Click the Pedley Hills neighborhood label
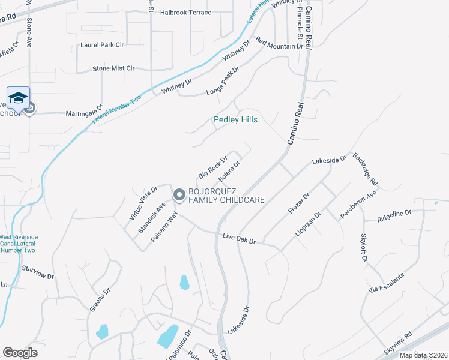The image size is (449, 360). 236,120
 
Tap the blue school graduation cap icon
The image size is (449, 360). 18,98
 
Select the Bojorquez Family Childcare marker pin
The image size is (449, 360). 179,195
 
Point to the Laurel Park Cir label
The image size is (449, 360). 101,45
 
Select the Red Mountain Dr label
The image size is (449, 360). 279,43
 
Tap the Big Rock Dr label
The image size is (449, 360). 212,167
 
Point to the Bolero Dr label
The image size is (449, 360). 229,171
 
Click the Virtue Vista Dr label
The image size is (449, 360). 142,203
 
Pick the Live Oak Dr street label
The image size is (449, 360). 240,238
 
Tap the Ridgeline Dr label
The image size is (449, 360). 394,213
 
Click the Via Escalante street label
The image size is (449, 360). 387,282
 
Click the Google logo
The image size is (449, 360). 20,352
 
